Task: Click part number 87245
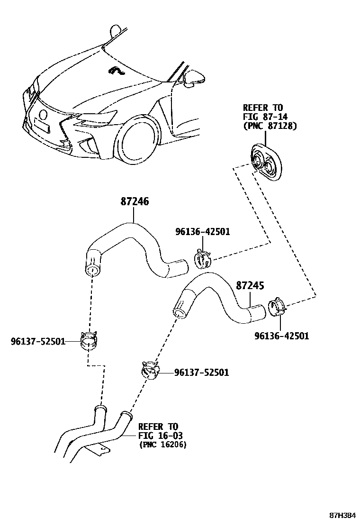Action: (250, 286)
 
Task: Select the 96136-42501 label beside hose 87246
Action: (202, 232)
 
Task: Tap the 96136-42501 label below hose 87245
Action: (281, 336)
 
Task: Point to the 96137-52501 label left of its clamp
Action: (37, 341)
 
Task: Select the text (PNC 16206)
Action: (162, 445)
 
